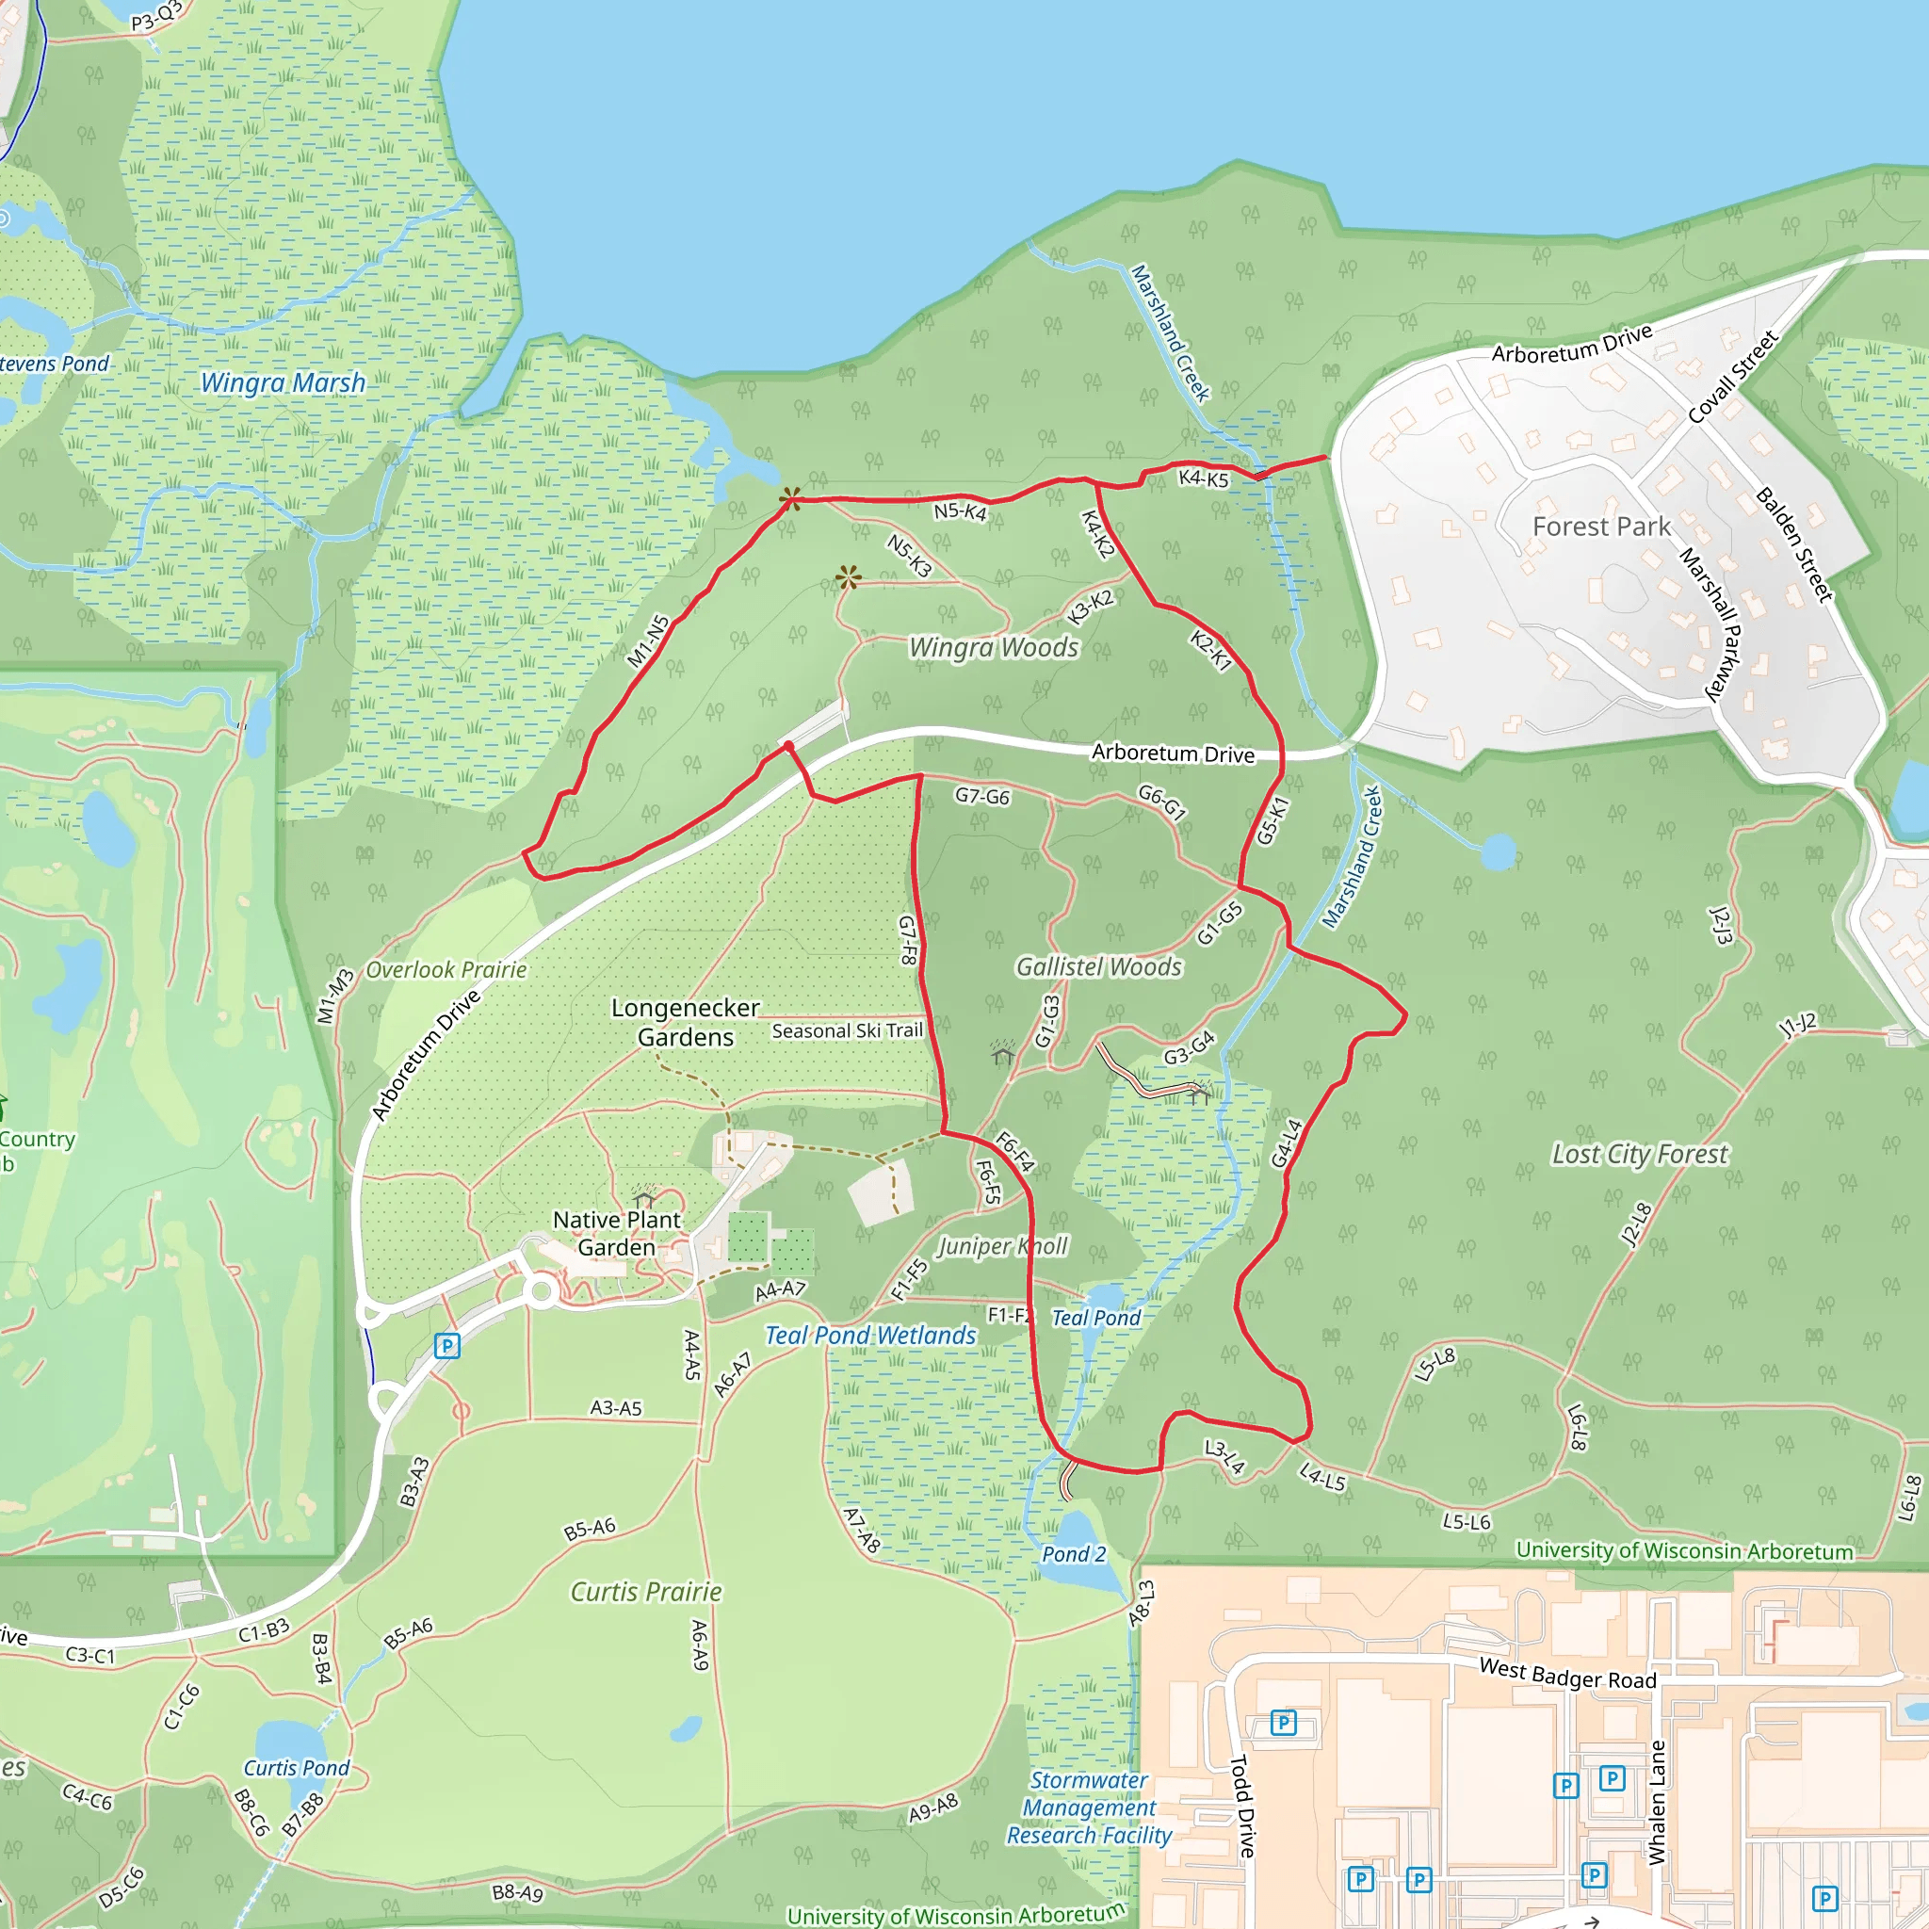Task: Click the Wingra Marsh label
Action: (283, 383)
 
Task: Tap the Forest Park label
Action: (1600, 527)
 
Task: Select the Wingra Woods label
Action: (994, 648)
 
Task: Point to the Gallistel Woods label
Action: (1098, 966)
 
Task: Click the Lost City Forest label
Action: (1639, 1154)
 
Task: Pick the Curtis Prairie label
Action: (645, 1592)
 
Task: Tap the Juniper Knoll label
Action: (1001, 1246)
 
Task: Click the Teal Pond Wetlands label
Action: (869, 1336)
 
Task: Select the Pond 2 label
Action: (1074, 1554)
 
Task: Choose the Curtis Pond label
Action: (297, 1768)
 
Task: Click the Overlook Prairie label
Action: (446, 969)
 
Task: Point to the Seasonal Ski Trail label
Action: (847, 1030)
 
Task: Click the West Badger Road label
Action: (1566, 1673)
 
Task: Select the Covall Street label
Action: (1732, 378)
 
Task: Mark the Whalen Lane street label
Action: (1658, 1802)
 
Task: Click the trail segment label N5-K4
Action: (960, 512)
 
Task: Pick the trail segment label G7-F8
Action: (908, 939)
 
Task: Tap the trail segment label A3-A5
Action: (616, 1408)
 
